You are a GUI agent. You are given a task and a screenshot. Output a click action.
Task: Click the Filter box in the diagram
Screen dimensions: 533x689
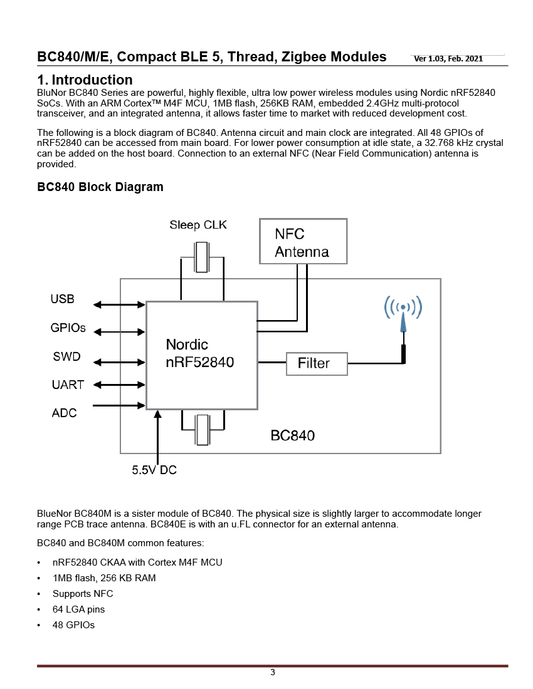pyautogui.click(x=317, y=363)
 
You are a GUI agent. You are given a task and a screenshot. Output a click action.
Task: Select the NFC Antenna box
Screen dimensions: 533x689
pyautogui.click(x=303, y=241)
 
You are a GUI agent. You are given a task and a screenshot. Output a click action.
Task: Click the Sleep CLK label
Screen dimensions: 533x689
pyautogui.click(x=198, y=225)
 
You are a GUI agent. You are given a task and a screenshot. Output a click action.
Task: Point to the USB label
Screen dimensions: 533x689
pyautogui.click(x=63, y=299)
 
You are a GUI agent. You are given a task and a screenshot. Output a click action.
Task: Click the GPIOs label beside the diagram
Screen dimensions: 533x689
pyautogui.click(x=68, y=328)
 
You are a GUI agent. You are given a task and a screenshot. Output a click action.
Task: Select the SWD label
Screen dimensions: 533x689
pyautogui.click(x=67, y=356)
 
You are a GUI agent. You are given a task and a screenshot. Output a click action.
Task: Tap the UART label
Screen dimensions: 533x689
pyautogui.click(x=68, y=385)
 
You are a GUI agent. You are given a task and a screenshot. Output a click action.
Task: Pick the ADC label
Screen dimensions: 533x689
pyautogui.click(x=64, y=413)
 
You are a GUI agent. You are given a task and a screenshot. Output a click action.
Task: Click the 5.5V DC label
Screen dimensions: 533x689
pyautogui.click(x=154, y=470)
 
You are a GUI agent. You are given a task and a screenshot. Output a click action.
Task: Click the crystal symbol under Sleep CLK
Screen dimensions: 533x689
pyautogui.click(x=202, y=257)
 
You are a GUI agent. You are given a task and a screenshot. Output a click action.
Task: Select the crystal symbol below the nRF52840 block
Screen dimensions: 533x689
pyautogui.click(x=203, y=430)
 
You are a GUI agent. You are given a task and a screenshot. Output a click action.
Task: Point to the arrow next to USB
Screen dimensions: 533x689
pyautogui.click(x=119, y=304)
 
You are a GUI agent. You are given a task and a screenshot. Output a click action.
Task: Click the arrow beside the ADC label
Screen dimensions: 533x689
pyautogui.click(x=119, y=405)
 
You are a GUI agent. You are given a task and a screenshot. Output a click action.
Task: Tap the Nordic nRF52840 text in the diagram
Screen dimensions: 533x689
pyautogui.click(x=199, y=353)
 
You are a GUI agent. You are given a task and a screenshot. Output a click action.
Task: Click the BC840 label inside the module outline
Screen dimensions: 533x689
pyautogui.click(x=292, y=435)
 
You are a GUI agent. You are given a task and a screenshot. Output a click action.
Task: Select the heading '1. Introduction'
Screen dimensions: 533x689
pyautogui.click(x=85, y=80)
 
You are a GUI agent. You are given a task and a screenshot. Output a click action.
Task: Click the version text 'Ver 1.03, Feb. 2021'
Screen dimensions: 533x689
pyautogui.click(x=448, y=59)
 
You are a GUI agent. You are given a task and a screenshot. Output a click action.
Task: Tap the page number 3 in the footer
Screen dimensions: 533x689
pyautogui.click(x=273, y=672)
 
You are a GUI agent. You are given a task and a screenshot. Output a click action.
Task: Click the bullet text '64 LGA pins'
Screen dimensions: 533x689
pyautogui.click(x=79, y=609)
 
